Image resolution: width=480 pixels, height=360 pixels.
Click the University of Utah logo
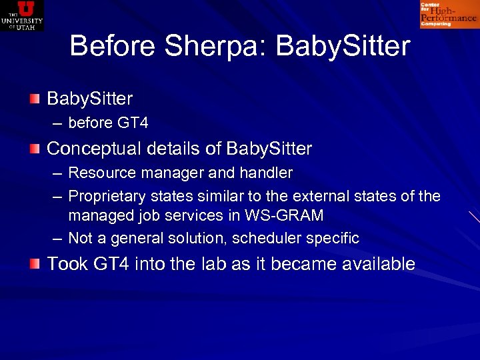(22, 15)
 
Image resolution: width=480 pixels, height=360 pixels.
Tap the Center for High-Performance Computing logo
(448, 15)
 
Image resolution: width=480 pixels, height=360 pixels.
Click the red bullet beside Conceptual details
(34, 147)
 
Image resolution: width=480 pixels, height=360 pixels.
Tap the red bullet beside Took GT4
(34, 263)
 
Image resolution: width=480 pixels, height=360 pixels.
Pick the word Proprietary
(107, 196)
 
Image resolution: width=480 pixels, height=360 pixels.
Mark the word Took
(67, 264)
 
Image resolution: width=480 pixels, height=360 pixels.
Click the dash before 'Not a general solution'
(58, 238)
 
